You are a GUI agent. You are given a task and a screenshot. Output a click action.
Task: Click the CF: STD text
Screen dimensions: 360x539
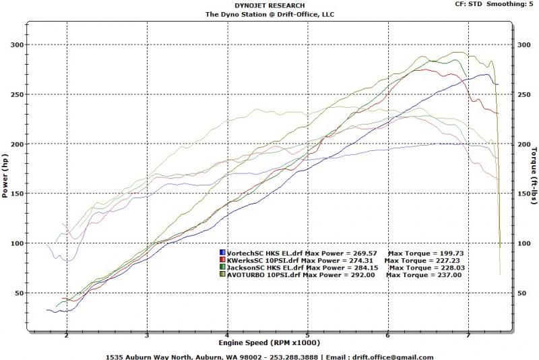468,4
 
